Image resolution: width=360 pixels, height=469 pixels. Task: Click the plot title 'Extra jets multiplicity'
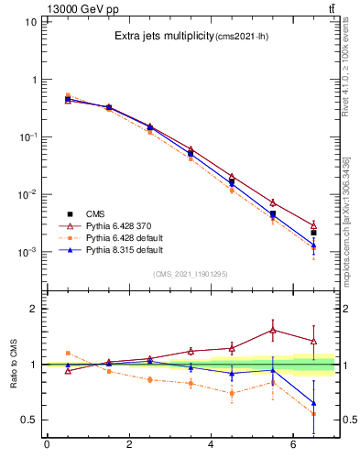(x=163, y=37)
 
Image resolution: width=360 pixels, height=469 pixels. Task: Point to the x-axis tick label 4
(x=212, y=446)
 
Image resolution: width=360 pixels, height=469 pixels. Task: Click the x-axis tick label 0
(x=47, y=446)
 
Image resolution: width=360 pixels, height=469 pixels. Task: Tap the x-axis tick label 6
(x=293, y=446)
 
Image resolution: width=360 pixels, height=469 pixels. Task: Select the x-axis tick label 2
(x=129, y=446)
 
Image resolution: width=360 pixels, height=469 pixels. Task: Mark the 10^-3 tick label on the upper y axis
(x=26, y=252)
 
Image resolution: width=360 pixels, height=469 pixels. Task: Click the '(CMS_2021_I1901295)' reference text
(x=190, y=273)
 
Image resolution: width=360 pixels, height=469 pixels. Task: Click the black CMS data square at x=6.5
(x=313, y=233)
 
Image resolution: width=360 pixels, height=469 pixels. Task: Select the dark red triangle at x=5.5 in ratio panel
(x=273, y=330)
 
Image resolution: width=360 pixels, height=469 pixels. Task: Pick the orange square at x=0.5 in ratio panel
(x=68, y=353)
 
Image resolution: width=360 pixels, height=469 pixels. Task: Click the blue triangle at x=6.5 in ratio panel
(x=313, y=403)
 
